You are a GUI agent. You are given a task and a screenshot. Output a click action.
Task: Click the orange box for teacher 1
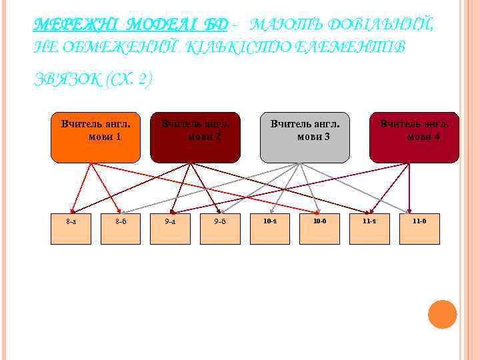[x=95, y=137]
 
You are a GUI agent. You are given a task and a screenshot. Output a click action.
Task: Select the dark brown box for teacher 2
[x=195, y=137]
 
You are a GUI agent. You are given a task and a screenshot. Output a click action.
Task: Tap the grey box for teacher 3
[x=305, y=137]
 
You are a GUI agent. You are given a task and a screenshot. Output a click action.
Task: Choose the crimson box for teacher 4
[x=414, y=137]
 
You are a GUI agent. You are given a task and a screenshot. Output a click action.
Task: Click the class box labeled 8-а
[x=71, y=229]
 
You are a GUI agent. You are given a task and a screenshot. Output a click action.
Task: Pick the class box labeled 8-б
[x=121, y=229]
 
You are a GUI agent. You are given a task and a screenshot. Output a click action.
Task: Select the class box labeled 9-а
[x=170, y=229]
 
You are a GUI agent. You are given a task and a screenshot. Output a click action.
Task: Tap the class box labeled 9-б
[x=220, y=229]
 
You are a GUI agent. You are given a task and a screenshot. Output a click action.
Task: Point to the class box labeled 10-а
[x=270, y=229]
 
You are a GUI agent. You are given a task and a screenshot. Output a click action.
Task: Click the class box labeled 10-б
[x=320, y=229]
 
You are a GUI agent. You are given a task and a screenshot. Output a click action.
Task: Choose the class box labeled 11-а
[x=369, y=229]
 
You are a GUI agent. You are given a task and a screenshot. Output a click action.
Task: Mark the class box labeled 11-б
[x=419, y=229]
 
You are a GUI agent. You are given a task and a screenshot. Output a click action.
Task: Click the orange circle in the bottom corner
[x=442, y=315]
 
